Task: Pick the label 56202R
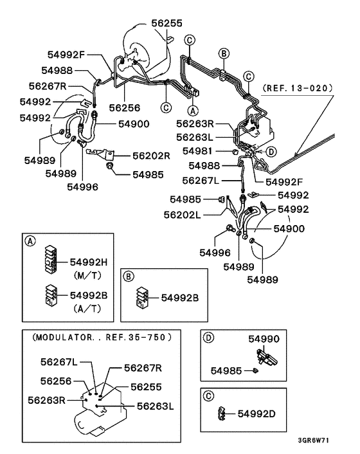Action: point(151,156)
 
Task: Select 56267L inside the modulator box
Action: point(59,362)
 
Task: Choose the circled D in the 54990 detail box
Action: point(208,337)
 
